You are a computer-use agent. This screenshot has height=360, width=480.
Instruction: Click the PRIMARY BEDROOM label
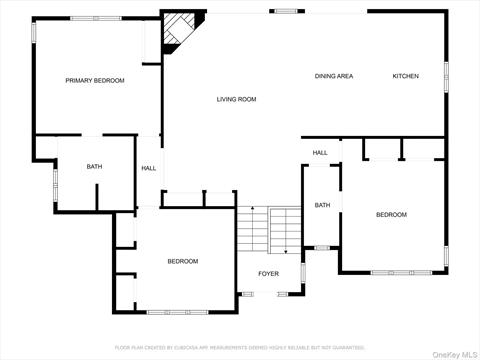click(95, 80)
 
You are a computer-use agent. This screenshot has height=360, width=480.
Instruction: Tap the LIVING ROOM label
click(237, 99)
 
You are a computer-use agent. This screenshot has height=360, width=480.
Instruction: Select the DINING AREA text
click(334, 76)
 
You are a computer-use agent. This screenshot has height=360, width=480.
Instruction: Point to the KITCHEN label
click(405, 76)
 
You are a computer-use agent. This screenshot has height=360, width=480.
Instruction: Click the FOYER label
click(269, 272)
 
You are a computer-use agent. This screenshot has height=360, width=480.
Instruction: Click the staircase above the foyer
click(269, 232)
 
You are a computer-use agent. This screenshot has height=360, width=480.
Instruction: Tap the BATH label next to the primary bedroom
click(94, 167)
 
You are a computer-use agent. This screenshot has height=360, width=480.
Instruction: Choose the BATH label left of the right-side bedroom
click(322, 205)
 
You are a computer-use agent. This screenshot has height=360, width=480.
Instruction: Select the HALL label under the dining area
click(320, 153)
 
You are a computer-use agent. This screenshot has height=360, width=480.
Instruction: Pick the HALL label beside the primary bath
click(148, 168)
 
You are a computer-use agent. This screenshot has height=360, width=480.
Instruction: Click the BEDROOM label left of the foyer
click(182, 261)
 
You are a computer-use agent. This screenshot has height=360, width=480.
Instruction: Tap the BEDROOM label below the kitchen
click(391, 215)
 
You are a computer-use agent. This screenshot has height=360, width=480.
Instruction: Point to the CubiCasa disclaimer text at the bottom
click(240, 347)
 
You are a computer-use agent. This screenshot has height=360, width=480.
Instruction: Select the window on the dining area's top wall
click(287, 11)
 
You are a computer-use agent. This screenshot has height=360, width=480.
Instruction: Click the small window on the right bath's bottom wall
click(322, 247)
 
